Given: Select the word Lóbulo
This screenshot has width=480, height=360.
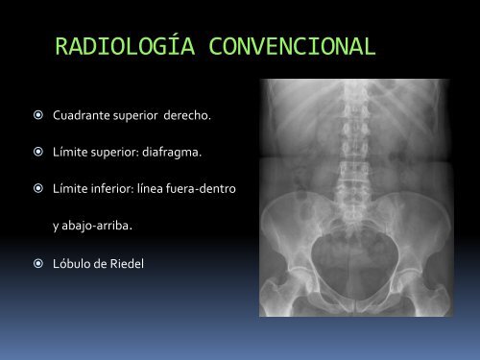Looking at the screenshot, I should pyautogui.click(x=73, y=262).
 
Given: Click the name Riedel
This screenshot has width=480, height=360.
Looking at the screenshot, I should pyautogui.click(x=125, y=262).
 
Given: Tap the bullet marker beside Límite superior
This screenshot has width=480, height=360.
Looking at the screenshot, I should pyautogui.click(x=34, y=153).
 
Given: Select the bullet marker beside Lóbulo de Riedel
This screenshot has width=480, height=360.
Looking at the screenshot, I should pyautogui.click(x=34, y=262).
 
